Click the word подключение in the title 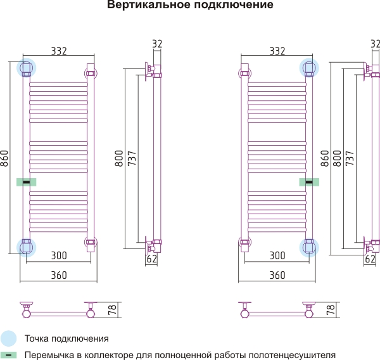[234, 5]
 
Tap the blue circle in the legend [8, 338]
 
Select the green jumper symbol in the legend [8, 355]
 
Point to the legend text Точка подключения [66, 338]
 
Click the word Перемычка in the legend [49, 355]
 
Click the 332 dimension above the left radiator [59, 51]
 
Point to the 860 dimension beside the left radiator [4, 158]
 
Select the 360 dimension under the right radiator [277, 275]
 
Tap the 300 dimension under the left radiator [59, 255]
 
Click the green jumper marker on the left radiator [27, 182]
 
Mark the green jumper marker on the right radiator [309, 182]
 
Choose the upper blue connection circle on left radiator [26, 68]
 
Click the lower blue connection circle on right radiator [309, 247]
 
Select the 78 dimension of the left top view [113, 310]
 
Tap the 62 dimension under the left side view [152, 259]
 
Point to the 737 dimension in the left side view [132, 158]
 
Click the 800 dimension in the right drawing [337, 158]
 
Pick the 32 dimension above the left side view [157, 44]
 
